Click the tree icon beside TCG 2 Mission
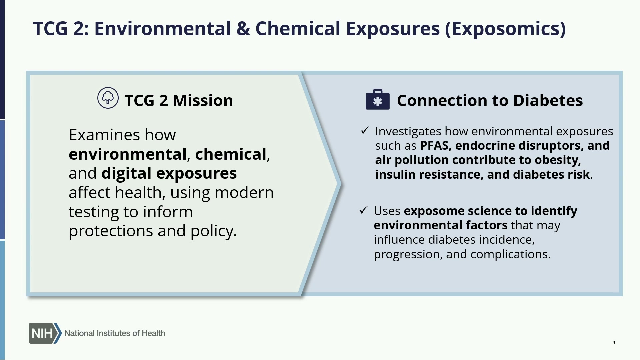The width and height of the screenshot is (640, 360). tap(108, 98)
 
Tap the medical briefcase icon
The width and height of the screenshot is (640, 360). tap(377, 99)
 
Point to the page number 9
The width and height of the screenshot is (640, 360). tap(614, 342)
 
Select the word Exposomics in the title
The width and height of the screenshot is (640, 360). tap(505, 29)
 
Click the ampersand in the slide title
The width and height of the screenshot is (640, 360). tap(243, 28)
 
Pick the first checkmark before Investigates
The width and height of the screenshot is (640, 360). tap(365, 130)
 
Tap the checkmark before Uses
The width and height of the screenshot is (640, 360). tap(363, 210)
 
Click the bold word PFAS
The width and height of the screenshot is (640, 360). tap(434, 146)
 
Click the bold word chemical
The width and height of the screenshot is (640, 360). tap(231, 154)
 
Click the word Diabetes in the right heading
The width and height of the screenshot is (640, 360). tap(548, 100)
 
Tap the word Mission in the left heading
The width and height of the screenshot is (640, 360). tap(203, 100)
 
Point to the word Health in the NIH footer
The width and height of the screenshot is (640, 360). tap(153, 333)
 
